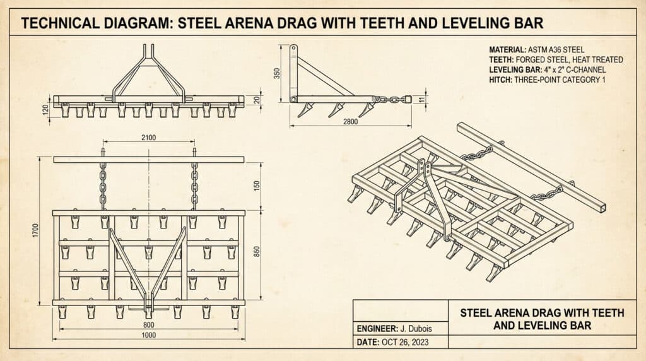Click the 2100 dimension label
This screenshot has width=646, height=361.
pyautogui.click(x=149, y=138)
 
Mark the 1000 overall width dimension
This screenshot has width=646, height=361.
pyautogui.click(x=148, y=336)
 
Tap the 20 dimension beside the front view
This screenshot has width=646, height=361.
pyautogui.click(x=256, y=100)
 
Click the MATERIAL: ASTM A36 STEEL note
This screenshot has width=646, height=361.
pyautogui.click(x=536, y=49)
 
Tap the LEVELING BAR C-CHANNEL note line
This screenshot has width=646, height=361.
pyautogui.click(x=546, y=70)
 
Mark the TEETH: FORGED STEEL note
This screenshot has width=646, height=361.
pyautogui.click(x=556, y=59)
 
